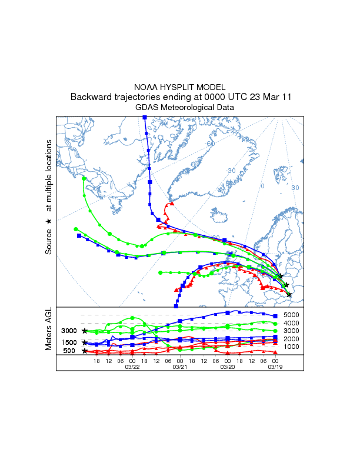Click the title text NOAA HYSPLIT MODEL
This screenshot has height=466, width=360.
point(179,86)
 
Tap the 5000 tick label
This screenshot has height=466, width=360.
point(292,315)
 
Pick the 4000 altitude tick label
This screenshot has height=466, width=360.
point(292,323)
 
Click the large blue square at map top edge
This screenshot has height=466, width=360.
point(145,118)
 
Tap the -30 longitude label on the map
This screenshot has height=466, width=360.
point(231,171)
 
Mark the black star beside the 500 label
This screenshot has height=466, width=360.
point(85,351)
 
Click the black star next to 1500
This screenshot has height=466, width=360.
point(85,342)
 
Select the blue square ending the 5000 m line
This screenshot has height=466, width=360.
point(275,316)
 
